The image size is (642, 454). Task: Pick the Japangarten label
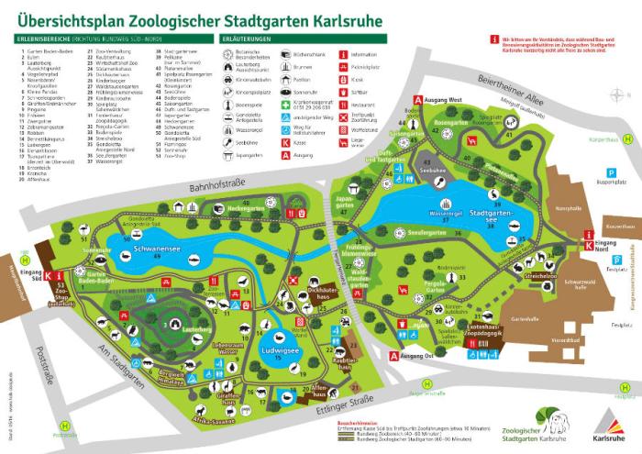point(344,202)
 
